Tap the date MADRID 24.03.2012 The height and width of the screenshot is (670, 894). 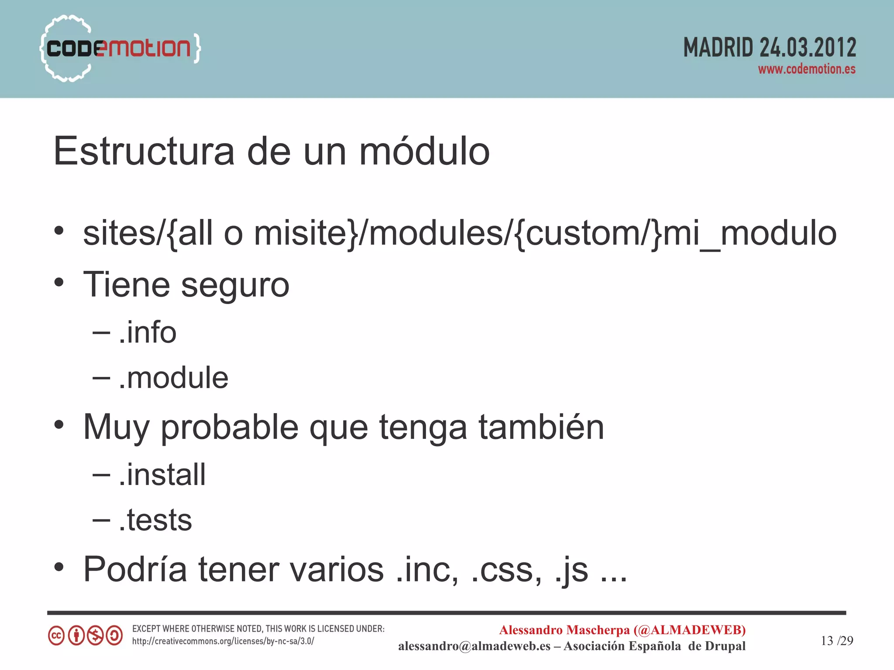pos(769,48)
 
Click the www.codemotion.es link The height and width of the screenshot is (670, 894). pos(806,69)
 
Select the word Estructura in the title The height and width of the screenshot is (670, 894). pos(144,151)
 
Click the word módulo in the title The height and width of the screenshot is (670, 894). pos(424,151)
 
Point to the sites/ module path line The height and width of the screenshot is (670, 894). pos(459,234)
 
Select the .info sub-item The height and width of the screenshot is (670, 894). pos(148,333)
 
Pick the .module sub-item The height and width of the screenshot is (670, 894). pos(173,378)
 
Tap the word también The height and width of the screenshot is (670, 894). pos(541,427)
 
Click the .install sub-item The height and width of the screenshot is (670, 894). pos(162,475)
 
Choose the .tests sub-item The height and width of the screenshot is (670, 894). pos(155,520)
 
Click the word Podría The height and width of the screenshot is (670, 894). pos(135,569)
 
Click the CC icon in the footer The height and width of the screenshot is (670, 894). pos(56,636)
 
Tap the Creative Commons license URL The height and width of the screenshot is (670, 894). pos(223,641)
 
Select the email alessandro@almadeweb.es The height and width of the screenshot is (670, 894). pos(474,646)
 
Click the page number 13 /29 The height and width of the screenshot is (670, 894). pos(836,640)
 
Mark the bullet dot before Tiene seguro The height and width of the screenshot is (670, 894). pos(59,283)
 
